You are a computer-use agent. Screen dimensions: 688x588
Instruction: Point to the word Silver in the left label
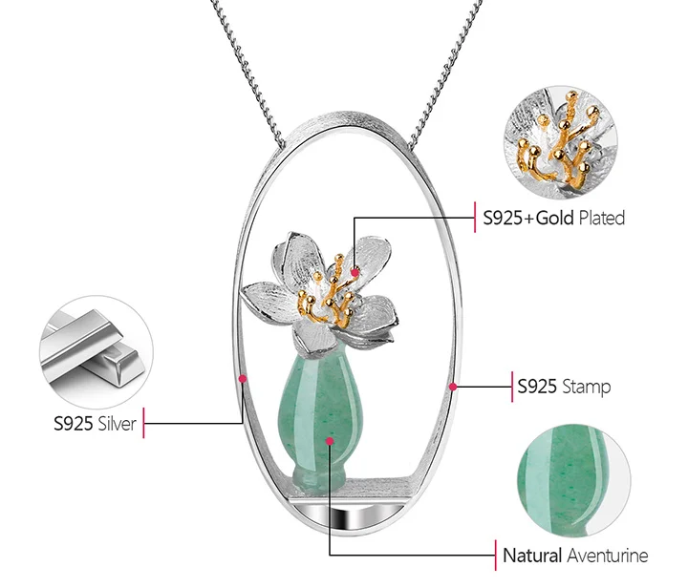pos(118,424)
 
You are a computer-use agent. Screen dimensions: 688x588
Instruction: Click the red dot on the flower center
pos(355,272)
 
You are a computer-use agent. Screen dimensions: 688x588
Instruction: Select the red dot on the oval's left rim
pos(243,380)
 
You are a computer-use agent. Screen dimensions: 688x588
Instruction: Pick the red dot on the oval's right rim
pos(453,387)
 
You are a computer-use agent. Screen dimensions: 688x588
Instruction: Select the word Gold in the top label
pos(555,218)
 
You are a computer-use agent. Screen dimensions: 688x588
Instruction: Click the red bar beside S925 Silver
pos(143,424)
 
